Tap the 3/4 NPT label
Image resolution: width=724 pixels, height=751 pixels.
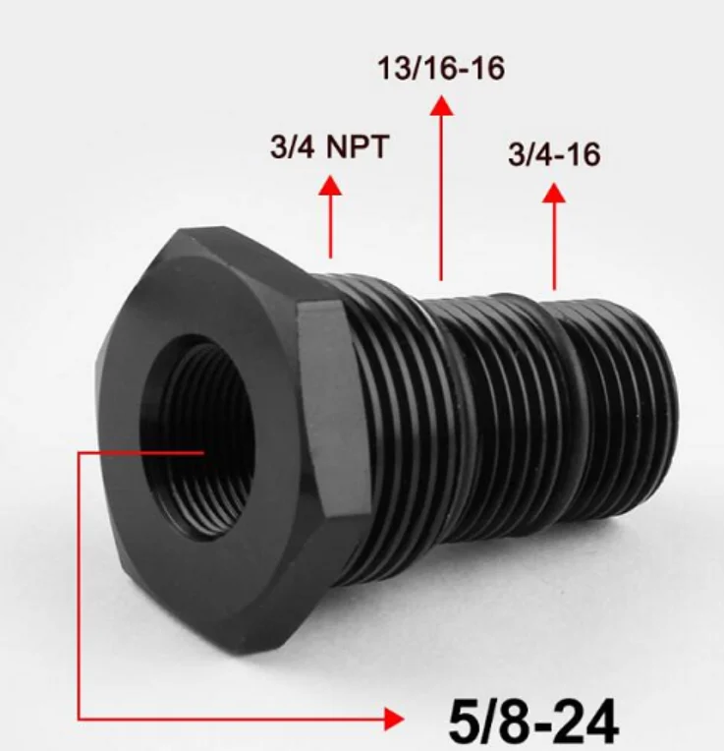tap(329, 147)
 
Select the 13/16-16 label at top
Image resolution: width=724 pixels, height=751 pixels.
tap(442, 70)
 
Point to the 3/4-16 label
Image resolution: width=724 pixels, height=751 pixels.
tap(554, 154)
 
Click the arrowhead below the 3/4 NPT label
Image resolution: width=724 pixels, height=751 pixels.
tap(330, 184)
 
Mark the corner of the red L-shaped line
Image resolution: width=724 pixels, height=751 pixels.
tap(78, 720)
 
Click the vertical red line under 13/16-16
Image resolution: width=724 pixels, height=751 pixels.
tap(442, 197)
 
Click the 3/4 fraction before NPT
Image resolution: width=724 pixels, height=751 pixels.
tap(290, 147)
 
